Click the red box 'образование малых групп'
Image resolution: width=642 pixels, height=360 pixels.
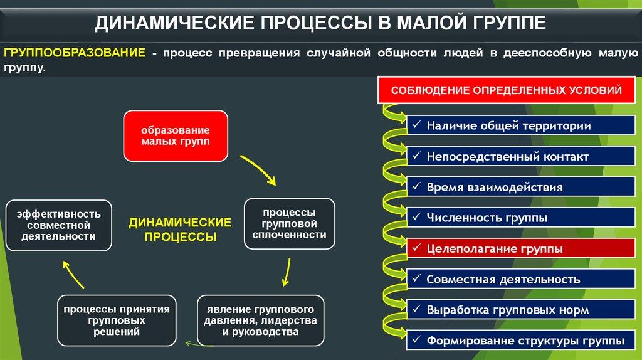[x=176, y=136]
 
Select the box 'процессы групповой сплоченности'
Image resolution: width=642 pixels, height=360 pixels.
[x=290, y=224]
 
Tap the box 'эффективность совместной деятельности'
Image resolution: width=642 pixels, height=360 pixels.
[x=58, y=225]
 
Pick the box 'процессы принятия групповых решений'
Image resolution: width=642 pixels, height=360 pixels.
[x=117, y=320]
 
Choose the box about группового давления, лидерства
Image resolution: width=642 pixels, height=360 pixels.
[x=260, y=320]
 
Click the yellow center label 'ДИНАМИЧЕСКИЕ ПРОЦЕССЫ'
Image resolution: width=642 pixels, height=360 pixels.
[x=180, y=230]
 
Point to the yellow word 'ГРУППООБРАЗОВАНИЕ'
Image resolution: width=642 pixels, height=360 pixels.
[x=75, y=53]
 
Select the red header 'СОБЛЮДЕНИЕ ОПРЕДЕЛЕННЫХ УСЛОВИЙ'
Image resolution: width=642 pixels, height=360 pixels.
[x=507, y=90]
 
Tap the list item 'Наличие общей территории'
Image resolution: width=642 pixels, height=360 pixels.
[x=521, y=125]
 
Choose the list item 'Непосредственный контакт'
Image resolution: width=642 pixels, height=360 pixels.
[x=521, y=156]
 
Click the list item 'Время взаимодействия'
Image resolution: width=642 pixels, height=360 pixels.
[x=521, y=187]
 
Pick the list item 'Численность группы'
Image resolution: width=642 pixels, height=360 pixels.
[x=521, y=218]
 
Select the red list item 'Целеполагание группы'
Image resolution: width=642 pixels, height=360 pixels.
[x=521, y=248]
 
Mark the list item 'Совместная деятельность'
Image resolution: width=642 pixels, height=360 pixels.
[x=521, y=279]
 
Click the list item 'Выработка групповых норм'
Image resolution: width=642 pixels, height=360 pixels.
[x=521, y=310]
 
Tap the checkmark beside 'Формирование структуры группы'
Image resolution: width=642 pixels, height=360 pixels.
[x=416, y=339]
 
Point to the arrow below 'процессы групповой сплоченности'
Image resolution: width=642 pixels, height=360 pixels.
[x=287, y=272]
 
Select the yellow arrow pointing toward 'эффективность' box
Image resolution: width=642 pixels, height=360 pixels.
[x=73, y=275]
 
